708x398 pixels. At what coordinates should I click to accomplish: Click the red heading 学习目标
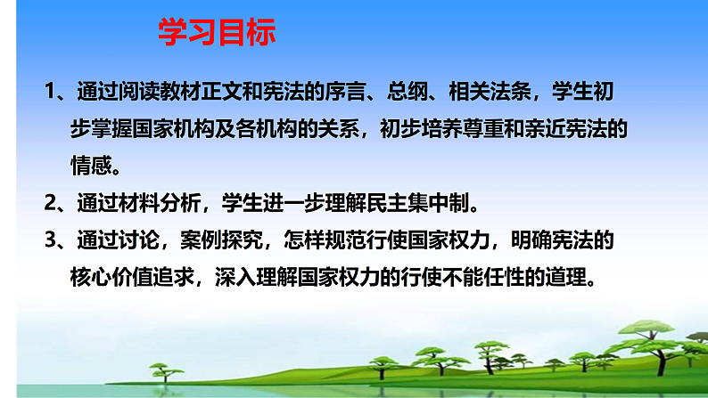click(217, 33)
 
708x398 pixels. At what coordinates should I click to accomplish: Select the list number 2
click(51, 203)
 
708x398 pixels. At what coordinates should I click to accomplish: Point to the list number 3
click(51, 240)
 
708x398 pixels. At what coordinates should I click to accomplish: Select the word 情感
click(91, 167)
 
